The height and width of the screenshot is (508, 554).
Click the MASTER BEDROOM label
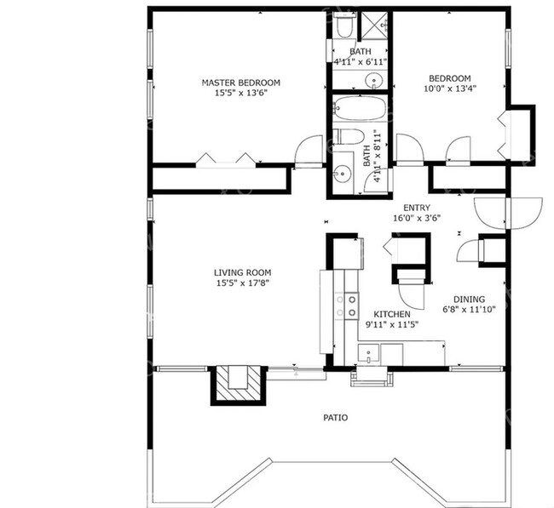[x=240, y=83]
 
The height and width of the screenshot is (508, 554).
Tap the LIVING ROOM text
[x=242, y=272]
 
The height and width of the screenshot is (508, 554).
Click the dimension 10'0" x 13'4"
[x=450, y=88]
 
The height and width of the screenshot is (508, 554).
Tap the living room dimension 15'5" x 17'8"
[x=242, y=283]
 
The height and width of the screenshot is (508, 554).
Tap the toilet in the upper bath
[x=343, y=29]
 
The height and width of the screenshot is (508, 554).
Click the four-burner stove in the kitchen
[x=350, y=305]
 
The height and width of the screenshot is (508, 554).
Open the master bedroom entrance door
[x=306, y=153]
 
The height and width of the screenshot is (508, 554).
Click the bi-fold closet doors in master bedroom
[x=224, y=159]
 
